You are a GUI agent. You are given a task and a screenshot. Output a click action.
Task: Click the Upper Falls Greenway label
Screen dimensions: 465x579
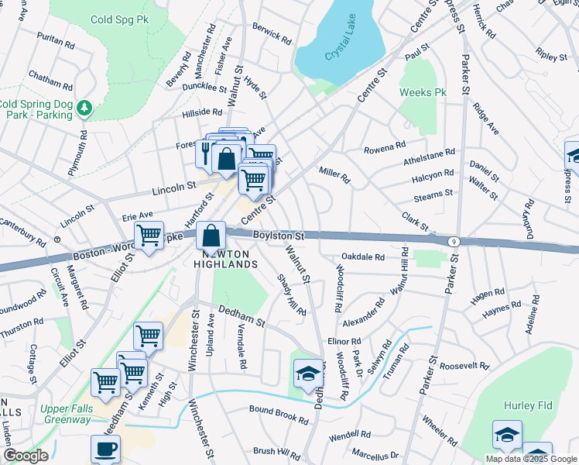[64, 414]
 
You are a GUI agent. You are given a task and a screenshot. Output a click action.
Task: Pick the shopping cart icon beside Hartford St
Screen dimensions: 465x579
[149, 236]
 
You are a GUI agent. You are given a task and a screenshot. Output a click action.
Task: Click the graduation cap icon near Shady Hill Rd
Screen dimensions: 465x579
[307, 374]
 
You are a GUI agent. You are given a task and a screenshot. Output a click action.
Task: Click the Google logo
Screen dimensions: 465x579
[26, 455]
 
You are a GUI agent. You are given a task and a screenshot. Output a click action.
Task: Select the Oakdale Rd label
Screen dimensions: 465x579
[363, 257]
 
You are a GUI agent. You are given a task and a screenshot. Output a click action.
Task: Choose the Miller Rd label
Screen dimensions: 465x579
[334, 174]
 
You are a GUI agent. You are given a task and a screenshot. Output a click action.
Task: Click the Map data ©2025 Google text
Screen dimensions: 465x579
[530, 458]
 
